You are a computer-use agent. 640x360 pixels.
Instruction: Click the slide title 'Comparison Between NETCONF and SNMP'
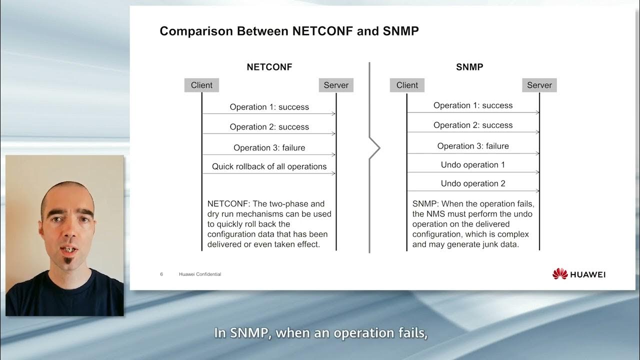289,31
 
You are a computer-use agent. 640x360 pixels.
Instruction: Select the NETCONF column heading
269,67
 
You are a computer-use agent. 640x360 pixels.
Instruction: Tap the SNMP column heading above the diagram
469,67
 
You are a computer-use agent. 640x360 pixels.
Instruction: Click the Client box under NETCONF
201,85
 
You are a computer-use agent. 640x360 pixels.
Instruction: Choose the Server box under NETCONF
336,85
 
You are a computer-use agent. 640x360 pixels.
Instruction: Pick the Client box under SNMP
407,85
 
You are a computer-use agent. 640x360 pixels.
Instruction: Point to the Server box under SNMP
539,85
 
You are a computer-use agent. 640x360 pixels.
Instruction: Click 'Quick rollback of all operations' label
269,166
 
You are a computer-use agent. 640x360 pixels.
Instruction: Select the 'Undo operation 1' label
473,164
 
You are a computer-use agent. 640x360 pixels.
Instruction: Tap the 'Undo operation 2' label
473,183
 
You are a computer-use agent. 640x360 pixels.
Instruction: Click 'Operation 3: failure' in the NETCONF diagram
269,147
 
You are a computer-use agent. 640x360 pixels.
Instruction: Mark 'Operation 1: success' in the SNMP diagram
473,105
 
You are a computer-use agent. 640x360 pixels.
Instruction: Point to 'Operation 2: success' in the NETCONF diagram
269,127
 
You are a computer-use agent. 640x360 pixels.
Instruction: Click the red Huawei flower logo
560,273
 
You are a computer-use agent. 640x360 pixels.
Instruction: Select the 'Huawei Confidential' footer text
200,274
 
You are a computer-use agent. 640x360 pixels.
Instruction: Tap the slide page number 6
161,274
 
